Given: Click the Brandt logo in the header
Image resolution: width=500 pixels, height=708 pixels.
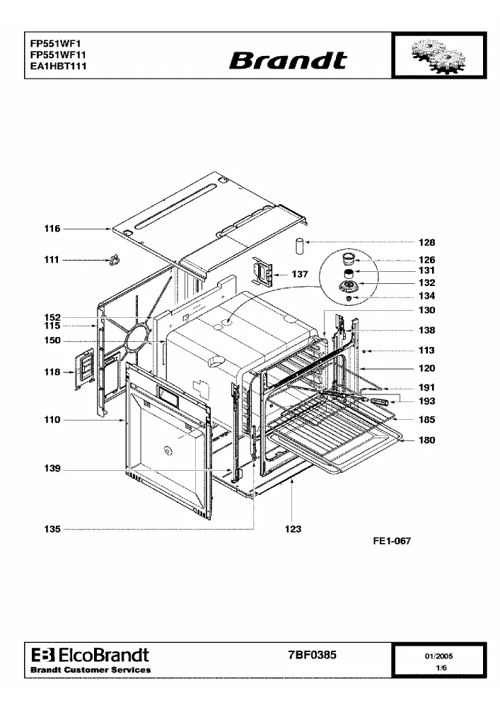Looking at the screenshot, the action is tap(288, 60).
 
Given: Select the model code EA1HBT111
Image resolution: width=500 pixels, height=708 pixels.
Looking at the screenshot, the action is tap(58, 66).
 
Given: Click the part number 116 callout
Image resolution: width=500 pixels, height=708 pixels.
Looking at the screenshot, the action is tap(52, 229).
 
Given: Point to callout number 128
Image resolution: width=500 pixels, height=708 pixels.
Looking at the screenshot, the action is tap(427, 242).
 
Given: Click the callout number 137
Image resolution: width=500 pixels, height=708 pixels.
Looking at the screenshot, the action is tap(300, 274).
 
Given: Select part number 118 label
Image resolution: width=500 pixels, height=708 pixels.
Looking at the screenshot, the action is tap(52, 372).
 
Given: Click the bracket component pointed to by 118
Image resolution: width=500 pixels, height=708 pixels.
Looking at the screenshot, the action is tap(84, 368).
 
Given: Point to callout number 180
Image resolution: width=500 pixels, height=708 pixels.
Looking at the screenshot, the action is tap(427, 440).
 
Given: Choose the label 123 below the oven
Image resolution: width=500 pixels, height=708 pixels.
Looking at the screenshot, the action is tap(293, 529).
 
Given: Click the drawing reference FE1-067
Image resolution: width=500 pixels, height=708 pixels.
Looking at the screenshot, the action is tap(392, 541).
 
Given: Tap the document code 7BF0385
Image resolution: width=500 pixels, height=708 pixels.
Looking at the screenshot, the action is tap(313, 655).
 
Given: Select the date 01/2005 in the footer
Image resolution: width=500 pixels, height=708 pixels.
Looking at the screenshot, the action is tap(438, 656).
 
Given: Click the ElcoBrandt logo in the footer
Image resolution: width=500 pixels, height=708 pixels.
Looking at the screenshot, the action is tap(91, 655).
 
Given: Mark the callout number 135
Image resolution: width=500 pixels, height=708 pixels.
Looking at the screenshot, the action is tap(52, 529).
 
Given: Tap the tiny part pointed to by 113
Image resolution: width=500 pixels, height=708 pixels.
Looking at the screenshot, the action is tap(364, 351).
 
